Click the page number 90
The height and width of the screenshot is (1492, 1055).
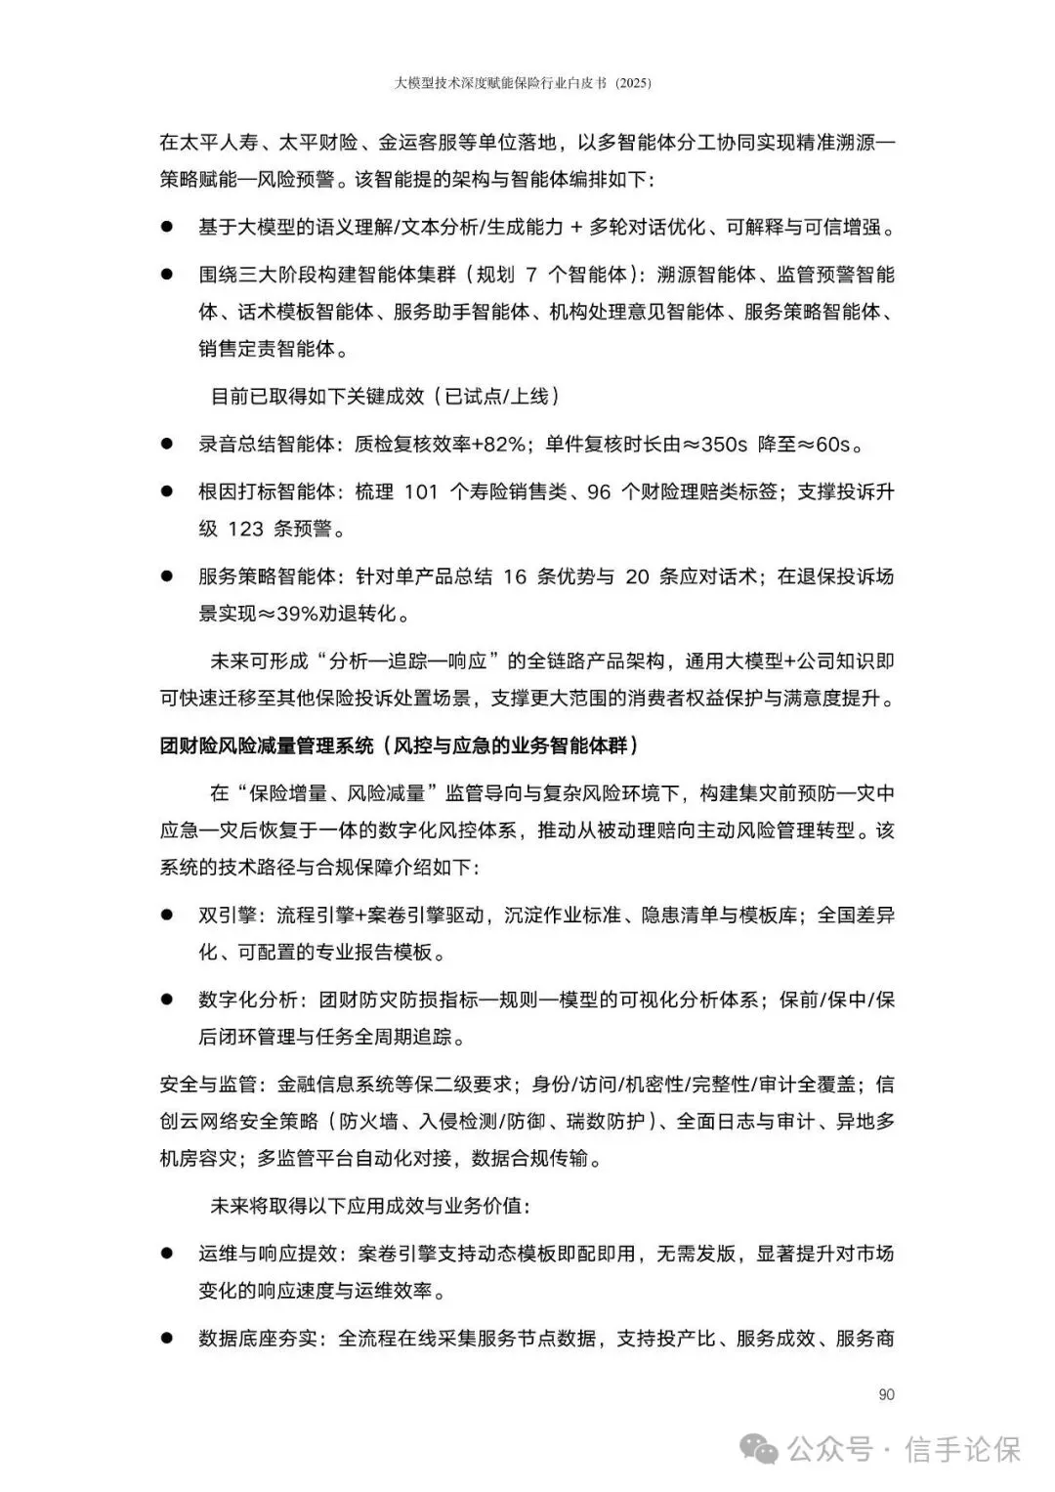(886, 1394)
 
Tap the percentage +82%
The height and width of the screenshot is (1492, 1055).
(498, 445)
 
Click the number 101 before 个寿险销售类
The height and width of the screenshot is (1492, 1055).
(420, 491)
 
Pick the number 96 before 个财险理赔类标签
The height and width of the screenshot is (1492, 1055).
(598, 491)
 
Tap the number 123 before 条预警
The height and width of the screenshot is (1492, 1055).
(245, 529)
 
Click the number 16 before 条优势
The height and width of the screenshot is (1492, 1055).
(515, 576)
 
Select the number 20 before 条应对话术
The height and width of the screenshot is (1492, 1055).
(637, 576)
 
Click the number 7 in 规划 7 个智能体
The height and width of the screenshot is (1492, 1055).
(531, 275)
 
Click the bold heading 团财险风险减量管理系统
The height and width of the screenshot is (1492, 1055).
(266, 746)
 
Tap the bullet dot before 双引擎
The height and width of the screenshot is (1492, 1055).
(167, 916)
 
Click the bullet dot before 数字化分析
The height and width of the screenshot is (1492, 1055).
(167, 1000)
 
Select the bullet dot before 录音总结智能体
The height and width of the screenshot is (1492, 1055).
(167, 445)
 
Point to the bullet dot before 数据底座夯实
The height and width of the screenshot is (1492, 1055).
(167, 1338)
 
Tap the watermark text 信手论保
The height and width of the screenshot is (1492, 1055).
(963, 1448)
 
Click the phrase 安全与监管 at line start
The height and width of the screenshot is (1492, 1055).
(207, 1084)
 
